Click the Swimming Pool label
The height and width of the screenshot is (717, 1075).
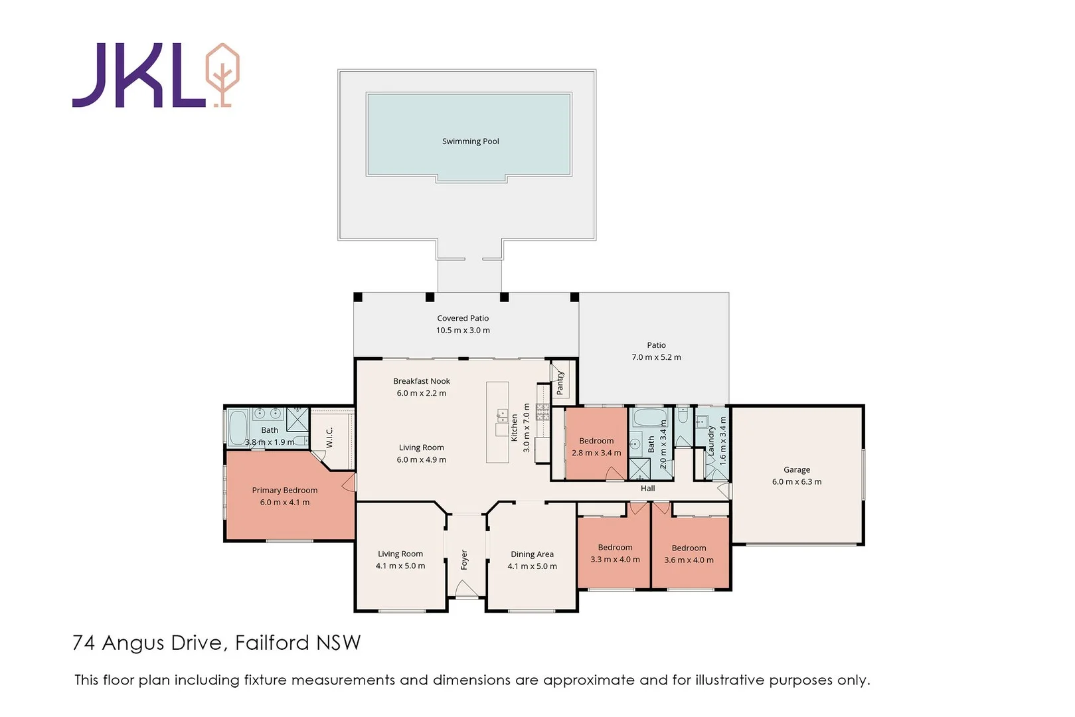[x=470, y=141]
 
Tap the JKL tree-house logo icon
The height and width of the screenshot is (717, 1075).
[x=222, y=74]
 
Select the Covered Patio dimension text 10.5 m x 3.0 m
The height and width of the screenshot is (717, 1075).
[x=463, y=330]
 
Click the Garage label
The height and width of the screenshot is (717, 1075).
[x=796, y=469]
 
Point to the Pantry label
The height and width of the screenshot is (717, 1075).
[x=560, y=383]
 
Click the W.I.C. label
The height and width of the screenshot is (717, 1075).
[x=329, y=437]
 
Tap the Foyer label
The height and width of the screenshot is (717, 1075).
[x=464, y=560]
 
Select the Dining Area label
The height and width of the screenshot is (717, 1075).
[x=532, y=554]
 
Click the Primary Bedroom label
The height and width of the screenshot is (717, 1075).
[x=284, y=490]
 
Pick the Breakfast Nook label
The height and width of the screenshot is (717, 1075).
[x=421, y=381]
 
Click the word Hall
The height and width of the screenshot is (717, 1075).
[x=647, y=489]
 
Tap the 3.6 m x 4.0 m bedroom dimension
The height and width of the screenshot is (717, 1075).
[x=689, y=560]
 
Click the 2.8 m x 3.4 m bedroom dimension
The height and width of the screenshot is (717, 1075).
[x=596, y=453]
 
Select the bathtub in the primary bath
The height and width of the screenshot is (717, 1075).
[x=238, y=427]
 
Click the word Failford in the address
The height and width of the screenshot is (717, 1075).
[x=272, y=643]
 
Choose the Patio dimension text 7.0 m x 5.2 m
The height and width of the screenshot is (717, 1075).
[x=656, y=357]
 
